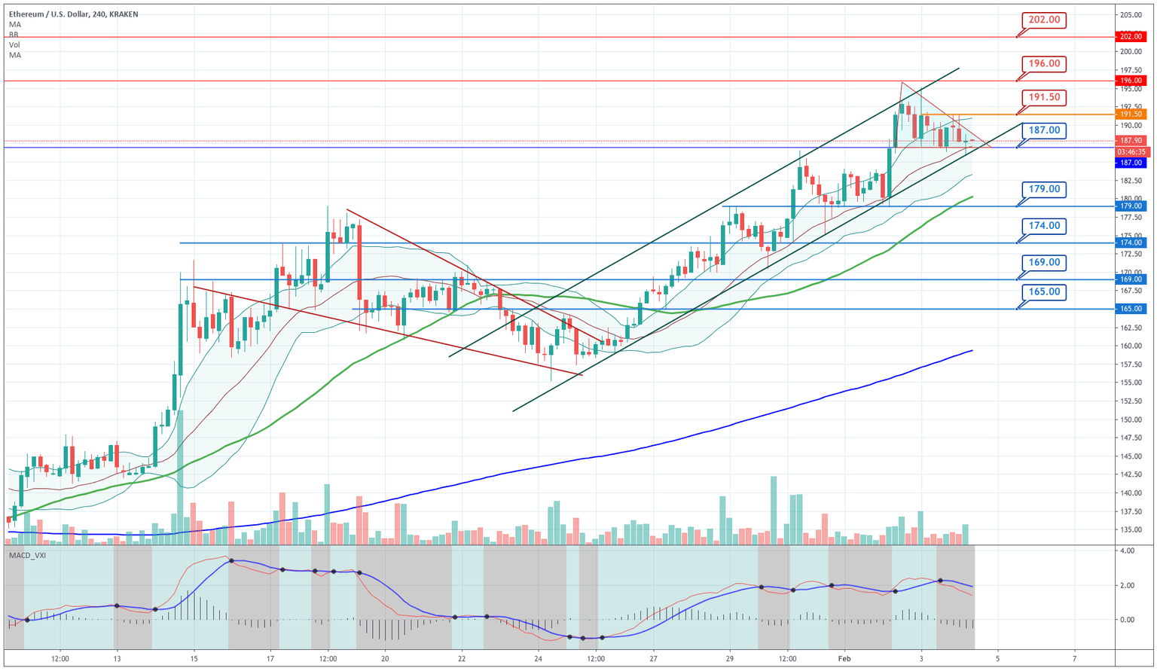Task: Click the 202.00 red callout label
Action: (x=1044, y=20)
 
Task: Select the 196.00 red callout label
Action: (x=1044, y=63)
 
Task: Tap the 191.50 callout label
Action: (x=1044, y=97)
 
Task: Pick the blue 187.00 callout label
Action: (x=1044, y=130)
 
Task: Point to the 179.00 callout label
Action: (x=1044, y=189)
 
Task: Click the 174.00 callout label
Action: (x=1044, y=225)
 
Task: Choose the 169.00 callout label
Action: (x=1044, y=262)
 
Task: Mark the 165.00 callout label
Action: (x=1044, y=291)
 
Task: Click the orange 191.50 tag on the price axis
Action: (x=1131, y=114)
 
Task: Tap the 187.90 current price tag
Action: (x=1131, y=141)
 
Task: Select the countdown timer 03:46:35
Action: (x=1131, y=151)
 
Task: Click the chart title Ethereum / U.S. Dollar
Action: (x=48, y=14)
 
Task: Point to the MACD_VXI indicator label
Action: (x=27, y=555)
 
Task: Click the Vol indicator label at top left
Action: (x=14, y=45)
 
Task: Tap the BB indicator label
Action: (x=14, y=35)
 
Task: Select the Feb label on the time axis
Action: (x=844, y=659)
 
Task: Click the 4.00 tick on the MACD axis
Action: (x=1127, y=551)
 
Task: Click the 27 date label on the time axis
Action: (x=652, y=659)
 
